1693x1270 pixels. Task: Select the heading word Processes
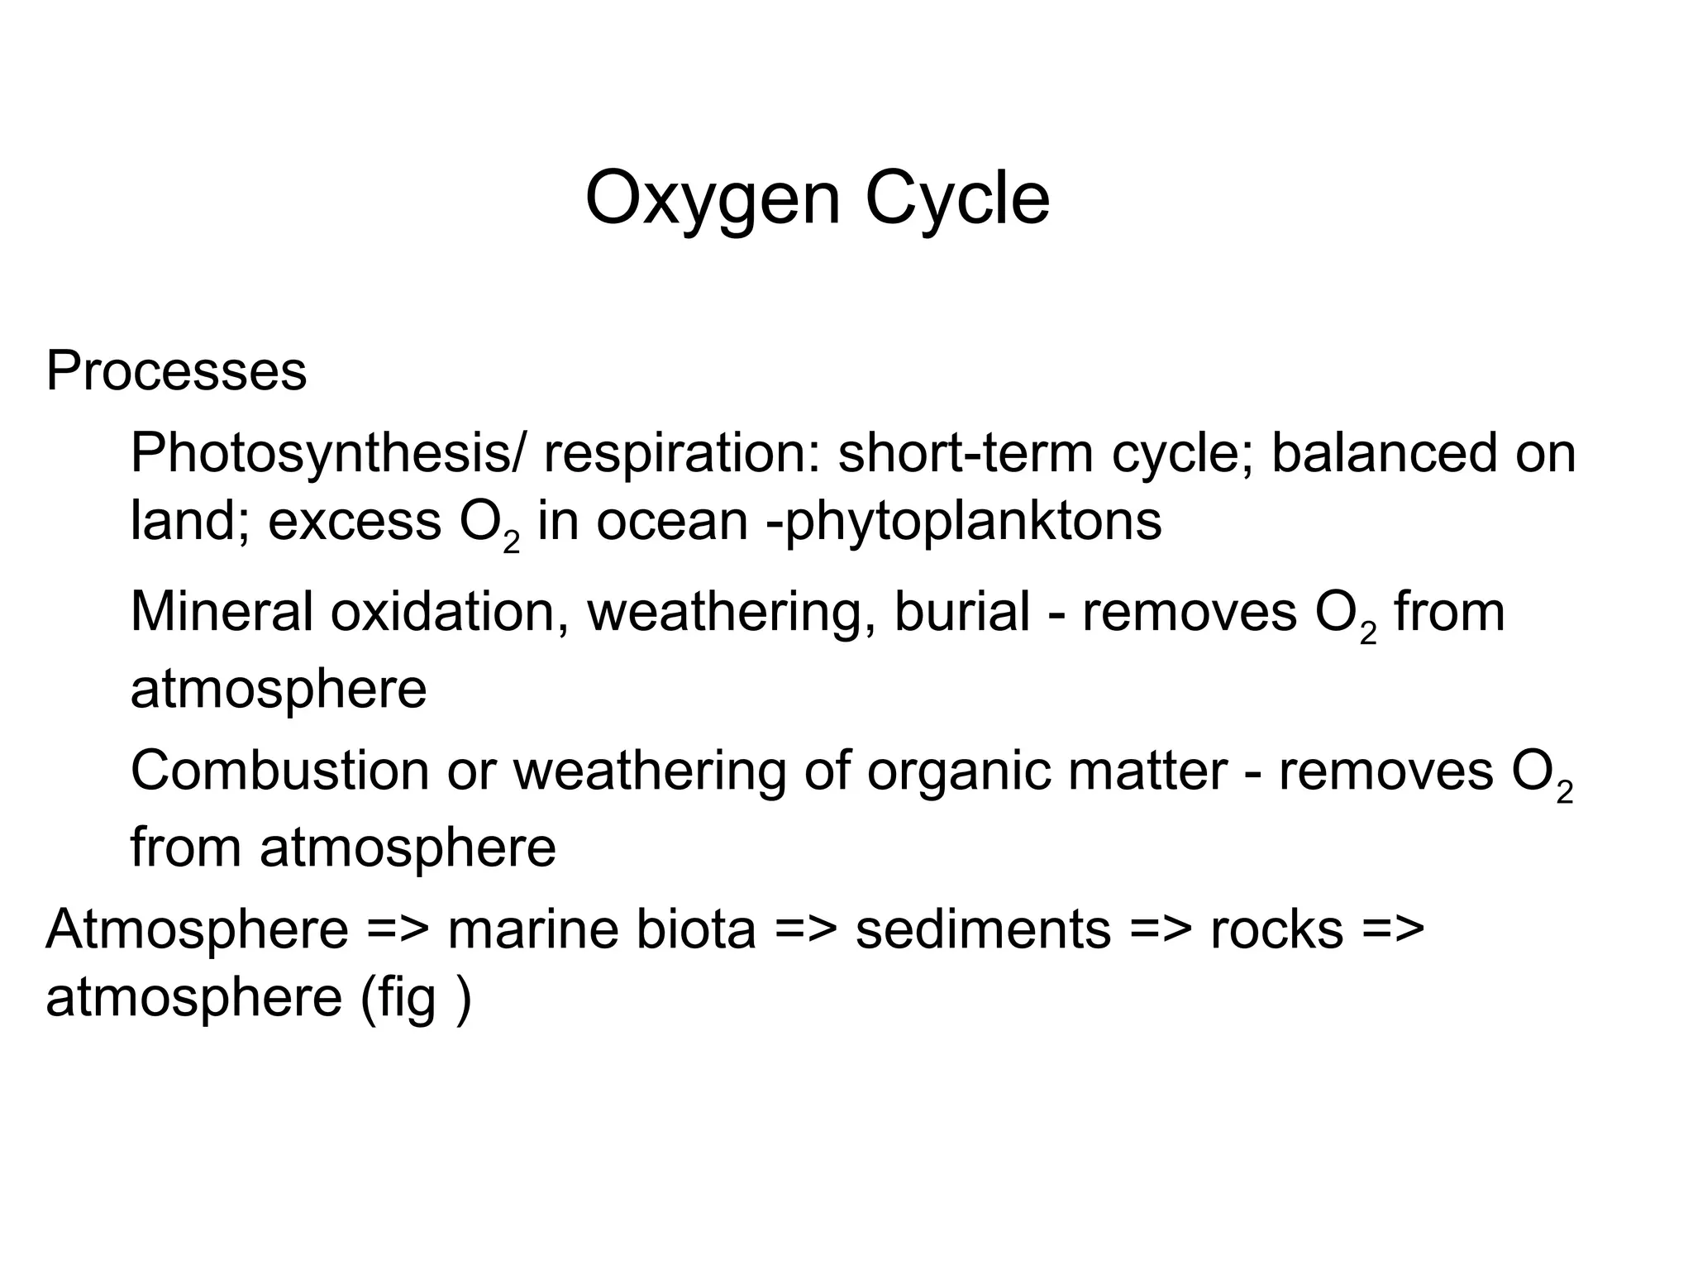coord(176,371)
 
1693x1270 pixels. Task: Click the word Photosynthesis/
coord(327,454)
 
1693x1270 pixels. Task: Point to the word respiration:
coord(680,454)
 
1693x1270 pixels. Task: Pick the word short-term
coord(966,454)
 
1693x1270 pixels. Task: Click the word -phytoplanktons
coord(964,522)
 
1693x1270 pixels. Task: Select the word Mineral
coord(221,613)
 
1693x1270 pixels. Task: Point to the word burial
coord(961,613)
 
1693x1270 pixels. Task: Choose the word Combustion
coord(279,771)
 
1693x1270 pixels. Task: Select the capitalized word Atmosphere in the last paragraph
coord(198,929)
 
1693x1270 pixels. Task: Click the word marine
coord(532,929)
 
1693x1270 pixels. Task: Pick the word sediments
coord(983,929)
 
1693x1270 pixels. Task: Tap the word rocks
coord(1276,929)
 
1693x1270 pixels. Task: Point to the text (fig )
coord(416,998)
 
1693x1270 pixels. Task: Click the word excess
coord(355,522)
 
